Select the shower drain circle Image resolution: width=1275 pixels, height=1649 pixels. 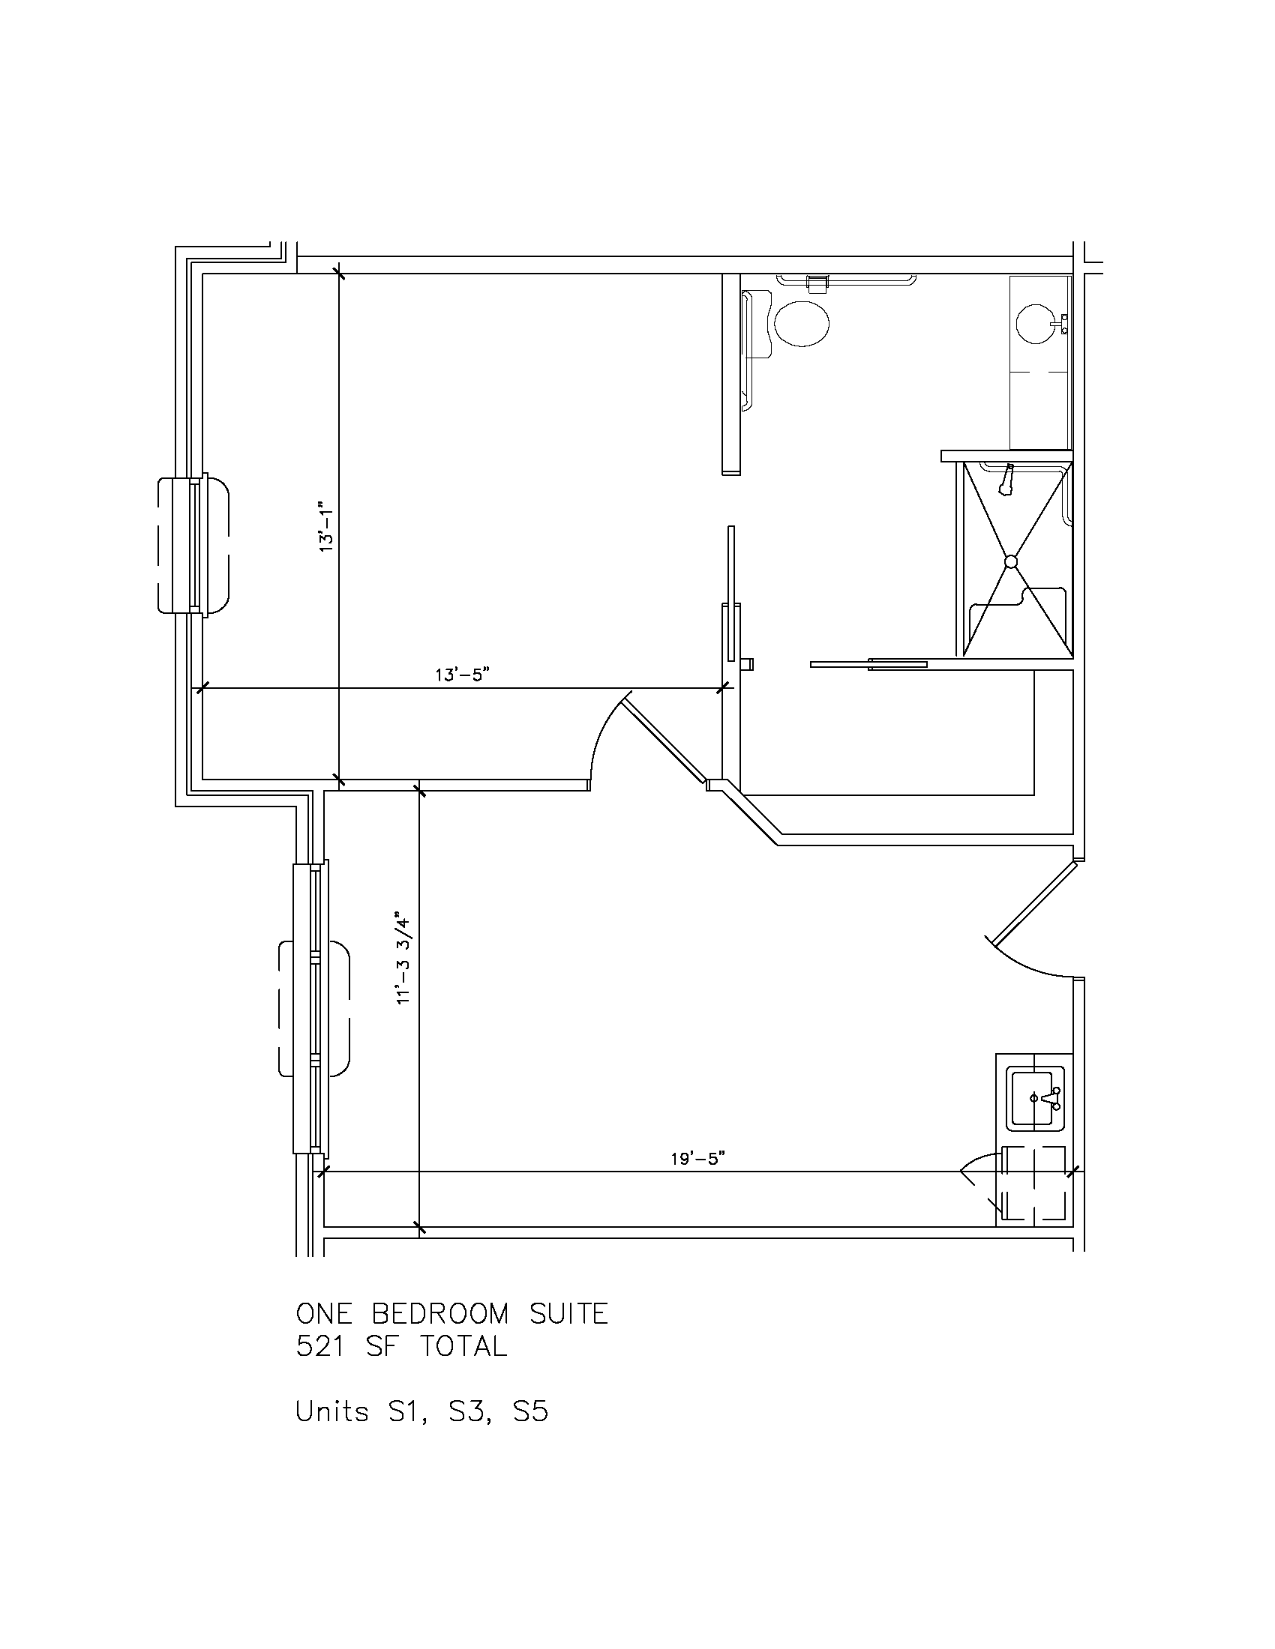coord(1011,561)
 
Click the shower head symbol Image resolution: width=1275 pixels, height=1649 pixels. coord(1006,480)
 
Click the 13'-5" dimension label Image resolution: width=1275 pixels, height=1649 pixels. coord(463,675)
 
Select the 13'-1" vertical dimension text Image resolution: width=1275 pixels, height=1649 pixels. coord(325,527)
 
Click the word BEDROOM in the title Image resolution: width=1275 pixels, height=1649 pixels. coord(440,1314)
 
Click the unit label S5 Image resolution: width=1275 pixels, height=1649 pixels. coord(529,1411)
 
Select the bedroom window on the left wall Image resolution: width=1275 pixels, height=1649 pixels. coord(193,544)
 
